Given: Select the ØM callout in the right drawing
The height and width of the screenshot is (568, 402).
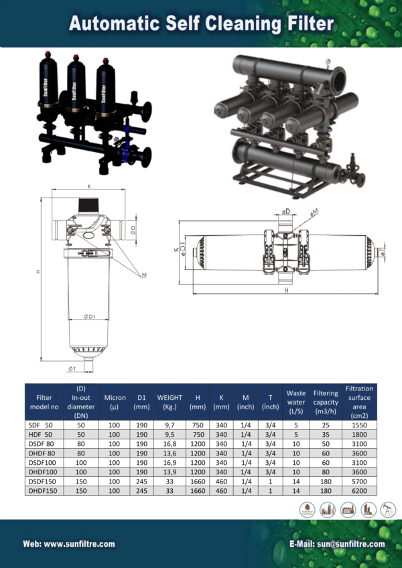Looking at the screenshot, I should pyautogui.click(x=314, y=212).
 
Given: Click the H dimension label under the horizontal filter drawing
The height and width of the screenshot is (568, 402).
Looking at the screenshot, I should pyautogui.click(x=286, y=291).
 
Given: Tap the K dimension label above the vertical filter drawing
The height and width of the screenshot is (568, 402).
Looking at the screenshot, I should pyautogui.click(x=88, y=187).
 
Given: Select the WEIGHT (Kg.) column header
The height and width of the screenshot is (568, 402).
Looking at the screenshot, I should pyautogui.click(x=170, y=402).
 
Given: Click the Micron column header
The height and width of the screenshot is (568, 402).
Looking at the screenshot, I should pyautogui.click(x=115, y=402).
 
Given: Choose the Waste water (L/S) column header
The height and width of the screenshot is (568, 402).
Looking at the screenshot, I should pyautogui.click(x=295, y=402).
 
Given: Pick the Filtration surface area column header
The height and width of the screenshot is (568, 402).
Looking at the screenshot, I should pyautogui.click(x=359, y=402).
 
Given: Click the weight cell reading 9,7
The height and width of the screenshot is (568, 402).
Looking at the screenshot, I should pyautogui.click(x=170, y=425).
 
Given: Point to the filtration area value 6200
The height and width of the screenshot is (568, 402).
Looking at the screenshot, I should pyautogui.click(x=359, y=490).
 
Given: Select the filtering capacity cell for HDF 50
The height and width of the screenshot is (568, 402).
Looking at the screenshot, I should pyautogui.click(x=326, y=434).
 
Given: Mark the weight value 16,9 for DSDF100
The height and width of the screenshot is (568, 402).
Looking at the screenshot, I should pyautogui.click(x=170, y=462).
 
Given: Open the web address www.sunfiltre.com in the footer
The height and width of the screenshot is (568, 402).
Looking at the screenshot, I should pyautogui.click(x=69, y=544).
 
